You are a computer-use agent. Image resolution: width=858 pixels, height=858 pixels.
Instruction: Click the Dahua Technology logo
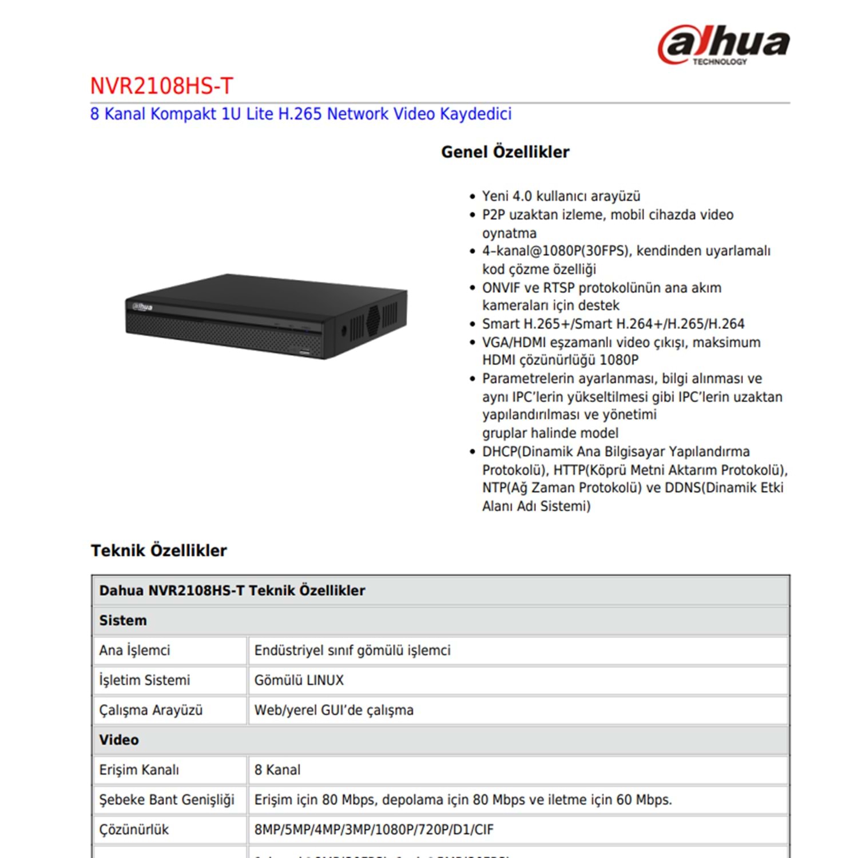tap(724, 45)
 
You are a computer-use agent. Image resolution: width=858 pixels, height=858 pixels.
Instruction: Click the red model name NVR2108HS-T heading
tap(162, 86)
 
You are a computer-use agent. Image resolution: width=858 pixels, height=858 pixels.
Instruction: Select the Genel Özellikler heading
tap(505, 152)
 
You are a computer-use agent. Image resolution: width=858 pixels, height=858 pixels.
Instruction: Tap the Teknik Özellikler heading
tap(158, 550)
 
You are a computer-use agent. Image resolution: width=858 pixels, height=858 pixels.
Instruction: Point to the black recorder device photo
tap(267, 316)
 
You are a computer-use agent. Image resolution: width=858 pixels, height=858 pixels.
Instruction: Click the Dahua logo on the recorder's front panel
tap(142, 307)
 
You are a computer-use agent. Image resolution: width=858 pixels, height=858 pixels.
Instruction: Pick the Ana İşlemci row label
tap(134, 650)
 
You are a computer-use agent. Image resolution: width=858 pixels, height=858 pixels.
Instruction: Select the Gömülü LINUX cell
tap(299, 680)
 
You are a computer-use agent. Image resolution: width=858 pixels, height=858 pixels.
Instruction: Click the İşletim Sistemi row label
tap(144, 680)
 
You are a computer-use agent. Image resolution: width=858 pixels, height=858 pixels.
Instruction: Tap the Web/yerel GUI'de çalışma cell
tap(334, 710)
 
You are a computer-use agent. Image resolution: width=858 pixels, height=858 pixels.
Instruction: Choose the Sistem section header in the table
tap(123, 621)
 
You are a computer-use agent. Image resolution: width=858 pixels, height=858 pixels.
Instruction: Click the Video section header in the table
tap(119, 740)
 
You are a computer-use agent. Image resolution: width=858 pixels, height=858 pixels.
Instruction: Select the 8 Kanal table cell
tap(277, 770)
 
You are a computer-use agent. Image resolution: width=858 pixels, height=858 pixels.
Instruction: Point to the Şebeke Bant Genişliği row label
tap(166, 800)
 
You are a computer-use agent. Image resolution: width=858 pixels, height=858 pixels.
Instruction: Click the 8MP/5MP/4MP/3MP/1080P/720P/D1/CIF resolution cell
tap(374, 829)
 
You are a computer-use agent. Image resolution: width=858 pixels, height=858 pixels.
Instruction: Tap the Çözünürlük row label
tap(134, 829)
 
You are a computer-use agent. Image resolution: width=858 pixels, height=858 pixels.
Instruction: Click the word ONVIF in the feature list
tap(501, 288)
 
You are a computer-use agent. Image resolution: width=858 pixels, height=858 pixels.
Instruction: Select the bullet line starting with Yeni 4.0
tap(561, 196)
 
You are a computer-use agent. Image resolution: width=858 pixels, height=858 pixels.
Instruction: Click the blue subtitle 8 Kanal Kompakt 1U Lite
tap(300, 114)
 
